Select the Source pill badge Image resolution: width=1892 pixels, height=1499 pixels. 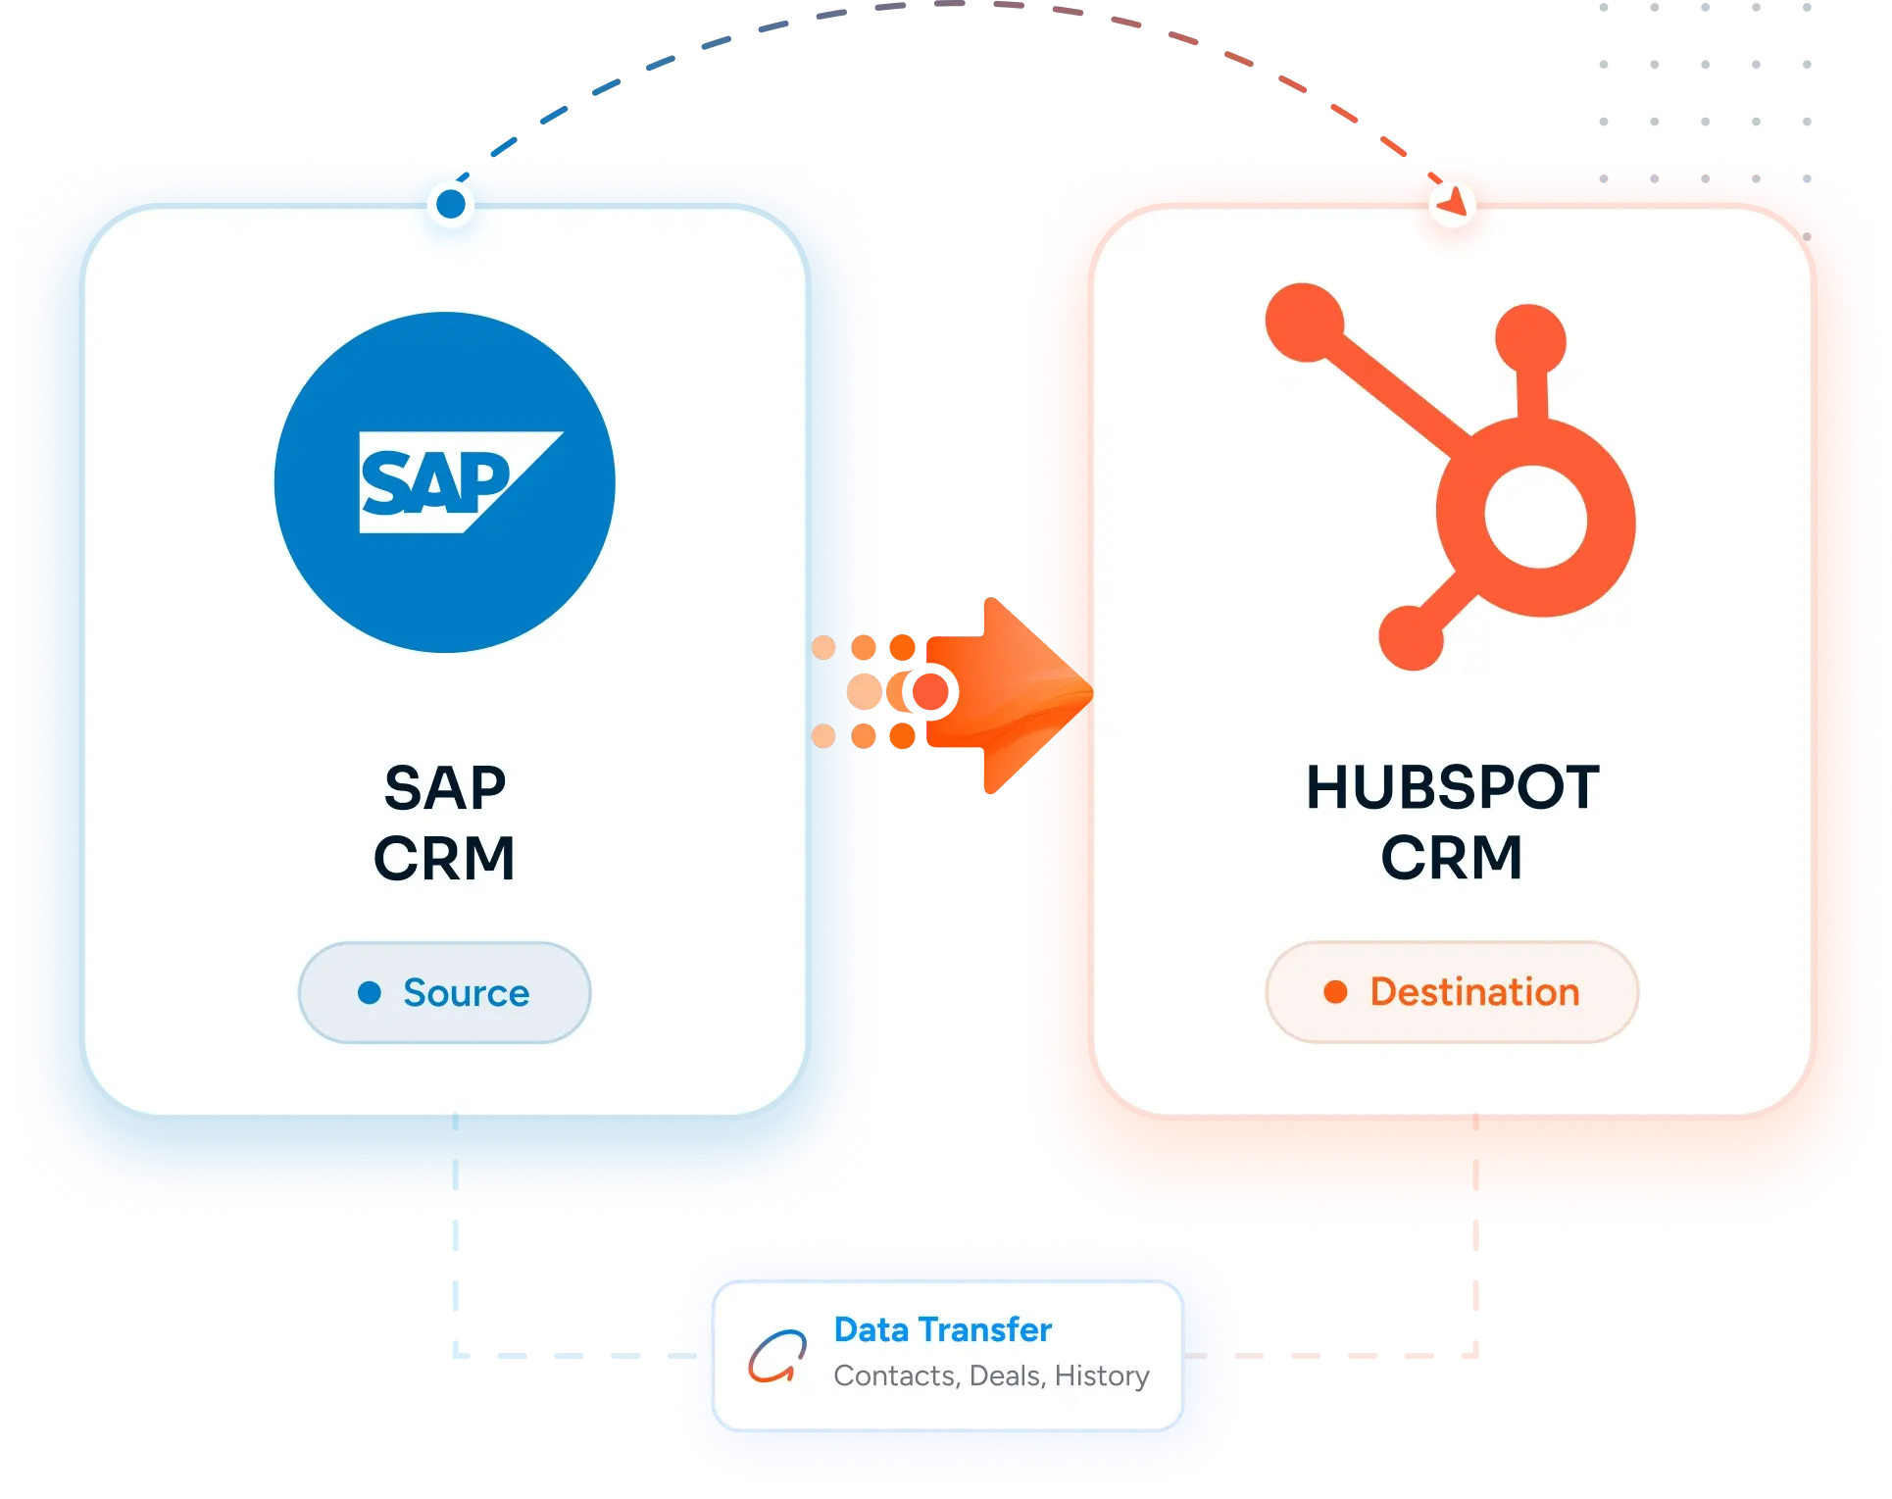click(445, 992)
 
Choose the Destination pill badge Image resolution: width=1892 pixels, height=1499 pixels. click(1452, 991)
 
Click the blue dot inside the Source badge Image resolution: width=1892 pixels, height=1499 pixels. click(370, 993)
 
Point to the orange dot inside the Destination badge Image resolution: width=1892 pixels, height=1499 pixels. click(1335, 992)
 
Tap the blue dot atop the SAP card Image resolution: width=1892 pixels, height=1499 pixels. click(451, 204)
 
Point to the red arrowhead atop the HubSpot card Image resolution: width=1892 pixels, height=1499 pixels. click(1452, 201)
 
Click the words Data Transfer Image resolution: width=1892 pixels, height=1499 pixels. click(942, 1329)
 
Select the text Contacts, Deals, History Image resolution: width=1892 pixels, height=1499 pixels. click(991, 1376)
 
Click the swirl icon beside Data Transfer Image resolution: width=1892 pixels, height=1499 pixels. click(777, 1356)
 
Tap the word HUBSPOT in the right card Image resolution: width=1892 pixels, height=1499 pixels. click(1453, 787)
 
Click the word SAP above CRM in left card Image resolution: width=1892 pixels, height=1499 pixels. click(445, 788)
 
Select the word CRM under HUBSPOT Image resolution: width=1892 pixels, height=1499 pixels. click(1452, 858)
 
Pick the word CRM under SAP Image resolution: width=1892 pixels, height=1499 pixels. click(444, 859)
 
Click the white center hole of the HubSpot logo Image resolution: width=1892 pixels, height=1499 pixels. click(1535, 517)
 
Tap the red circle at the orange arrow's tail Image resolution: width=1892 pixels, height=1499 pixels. click(930, 692)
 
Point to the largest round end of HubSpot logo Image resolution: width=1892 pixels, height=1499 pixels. click(1305, 322)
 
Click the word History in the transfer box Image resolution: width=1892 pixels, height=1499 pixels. click(1102, 1376)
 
